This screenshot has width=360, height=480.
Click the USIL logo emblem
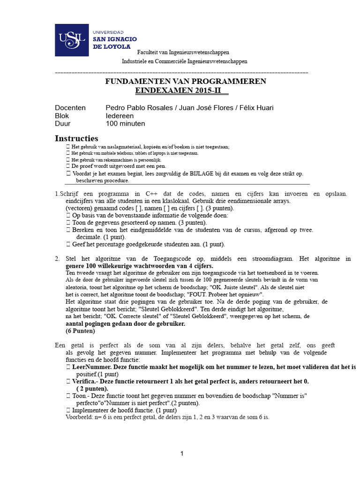tap(72, 39)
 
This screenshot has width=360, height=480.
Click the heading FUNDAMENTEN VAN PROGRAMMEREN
tap(185, 81)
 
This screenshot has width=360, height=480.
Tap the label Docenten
tap(70, 108)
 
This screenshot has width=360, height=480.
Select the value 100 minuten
tap(125, 124)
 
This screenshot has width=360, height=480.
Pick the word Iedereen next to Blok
tap(120, 116)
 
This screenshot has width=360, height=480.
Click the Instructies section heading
tap(76, 138)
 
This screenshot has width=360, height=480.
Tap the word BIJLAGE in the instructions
tap(202, 173)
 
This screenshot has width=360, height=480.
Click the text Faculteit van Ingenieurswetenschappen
tap(184, 52)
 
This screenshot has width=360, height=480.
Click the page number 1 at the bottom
tap(182, 453)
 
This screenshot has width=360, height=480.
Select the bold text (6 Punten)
tap(80, 331)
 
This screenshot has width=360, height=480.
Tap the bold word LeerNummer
tap(91, 367)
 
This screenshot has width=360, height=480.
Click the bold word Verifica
tap(86, 382)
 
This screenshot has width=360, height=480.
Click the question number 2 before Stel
tap(57, 259)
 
